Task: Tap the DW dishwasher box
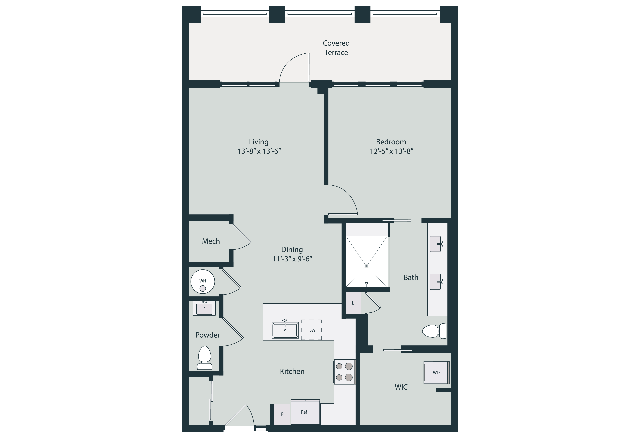[x=311, y=330]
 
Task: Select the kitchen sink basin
[x=285, y=330]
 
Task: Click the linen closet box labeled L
[x=353, y=303]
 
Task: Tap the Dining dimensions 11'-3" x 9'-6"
[x=292, y=259]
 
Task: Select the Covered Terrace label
[x=336, y=48]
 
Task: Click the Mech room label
[x=211, y=241]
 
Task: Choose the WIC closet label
[x=401, y=387]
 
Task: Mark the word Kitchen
[x=292, y=371]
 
